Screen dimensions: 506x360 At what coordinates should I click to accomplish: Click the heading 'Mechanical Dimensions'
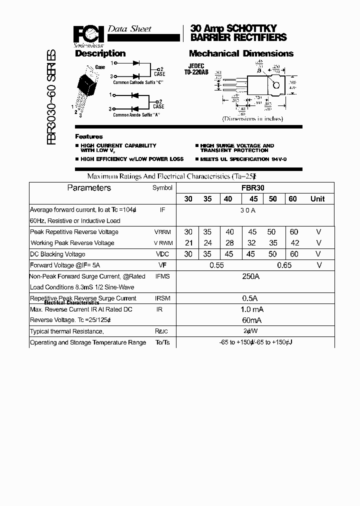pyautogui.click(x=241, y=53)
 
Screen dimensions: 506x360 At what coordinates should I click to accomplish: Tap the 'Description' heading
pyautogui.click(x=100, y=53)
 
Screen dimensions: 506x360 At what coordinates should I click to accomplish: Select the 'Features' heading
pyautogui.click(x=89, y=136)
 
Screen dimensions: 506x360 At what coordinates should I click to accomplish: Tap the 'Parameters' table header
pyautogui.click(x=89, y=188)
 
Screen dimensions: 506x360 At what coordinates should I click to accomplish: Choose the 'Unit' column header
pyautogui.click(x=317, y=199)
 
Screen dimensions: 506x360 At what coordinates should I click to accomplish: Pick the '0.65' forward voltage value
pyautogui.click(x=284, y=265)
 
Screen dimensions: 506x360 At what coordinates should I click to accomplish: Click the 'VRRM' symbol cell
pyautogui.click(x=162, y=232)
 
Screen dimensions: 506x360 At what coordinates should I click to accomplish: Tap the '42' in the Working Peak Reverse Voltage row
pyautogui.click(x=295, y=243)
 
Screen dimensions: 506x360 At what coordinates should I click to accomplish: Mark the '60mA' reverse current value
pyautogui.click(x=251, y=320)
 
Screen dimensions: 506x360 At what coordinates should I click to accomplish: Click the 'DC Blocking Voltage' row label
pyautogui.click(x=57, y=254)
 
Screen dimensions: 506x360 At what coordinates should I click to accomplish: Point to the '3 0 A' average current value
pyautogui.click(x=247, y=210)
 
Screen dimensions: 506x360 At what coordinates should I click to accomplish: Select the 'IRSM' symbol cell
pyautogui.click(x=162, y=298)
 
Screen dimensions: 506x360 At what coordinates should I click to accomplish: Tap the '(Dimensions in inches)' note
pyautogui.click(x=252, y=119)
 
